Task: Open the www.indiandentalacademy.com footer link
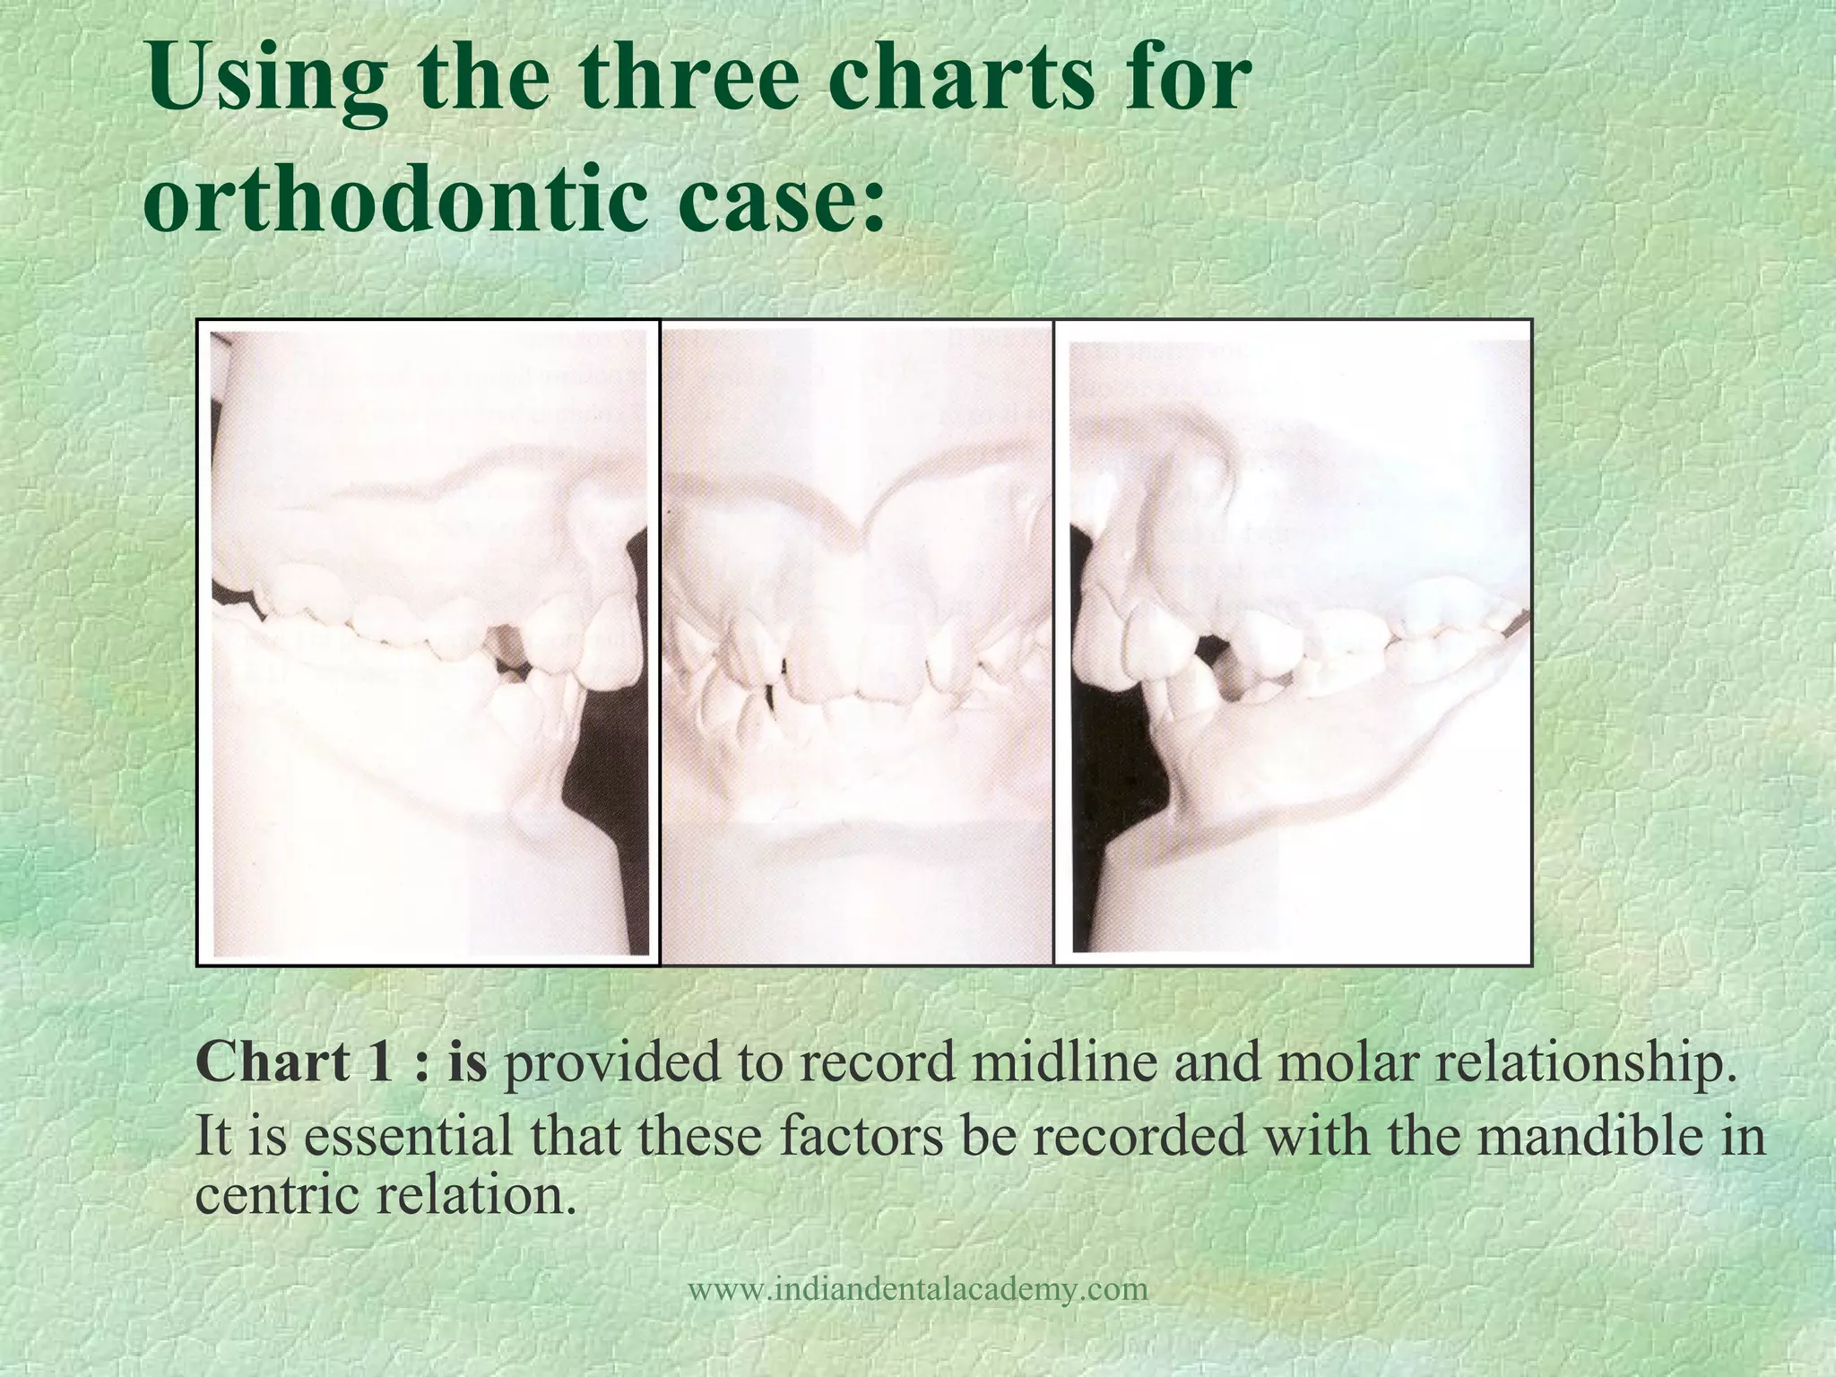pos(917,1290)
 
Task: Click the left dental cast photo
pos(429,642)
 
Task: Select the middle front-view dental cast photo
pos(857,642)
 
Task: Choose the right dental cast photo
pos(1293,642)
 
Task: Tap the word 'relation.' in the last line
pos(476,1196)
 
